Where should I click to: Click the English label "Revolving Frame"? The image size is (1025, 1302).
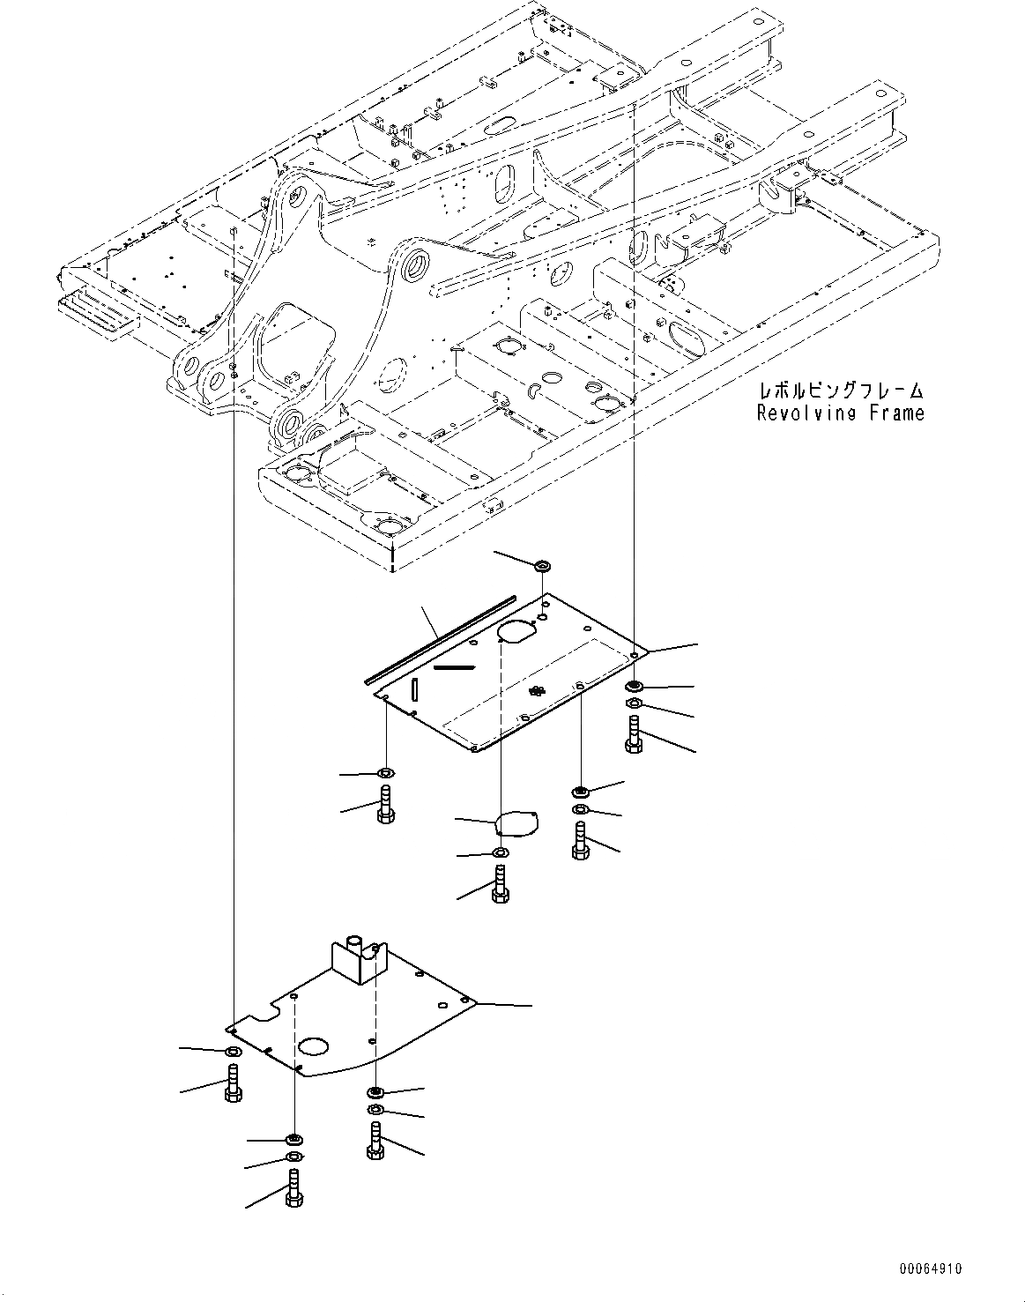click(840, 413)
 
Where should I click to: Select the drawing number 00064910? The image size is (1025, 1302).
click(931, 1269)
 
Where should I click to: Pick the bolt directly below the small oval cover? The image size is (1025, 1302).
click(500, 883)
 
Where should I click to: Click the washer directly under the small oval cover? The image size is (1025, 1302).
click(500, 852)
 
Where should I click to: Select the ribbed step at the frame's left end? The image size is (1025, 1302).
click(96, 312)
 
